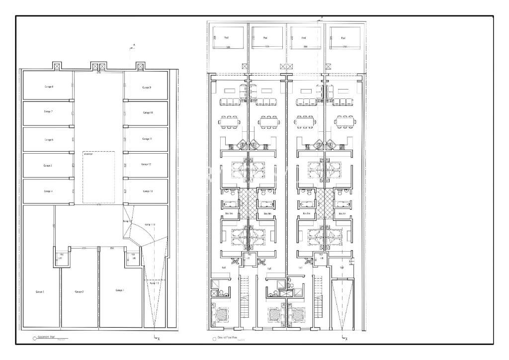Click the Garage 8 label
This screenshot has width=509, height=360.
(49, 87)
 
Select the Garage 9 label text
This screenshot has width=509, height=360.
(147, 88)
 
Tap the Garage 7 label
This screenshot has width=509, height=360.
(48, 112)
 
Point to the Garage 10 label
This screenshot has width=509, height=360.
(147, 113)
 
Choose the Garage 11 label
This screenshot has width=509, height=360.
(147, 139)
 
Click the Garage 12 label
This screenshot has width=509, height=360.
(146, 164)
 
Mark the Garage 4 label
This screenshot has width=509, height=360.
(48, 191)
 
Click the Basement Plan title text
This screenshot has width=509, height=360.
(48, 337)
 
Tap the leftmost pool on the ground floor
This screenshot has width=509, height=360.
(227, 38)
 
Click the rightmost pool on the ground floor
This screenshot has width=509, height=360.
(344, 38)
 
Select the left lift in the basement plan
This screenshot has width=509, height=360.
(61, 257)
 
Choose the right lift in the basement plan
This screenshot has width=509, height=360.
(133, 257)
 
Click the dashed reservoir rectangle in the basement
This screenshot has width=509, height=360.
(99, 177)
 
